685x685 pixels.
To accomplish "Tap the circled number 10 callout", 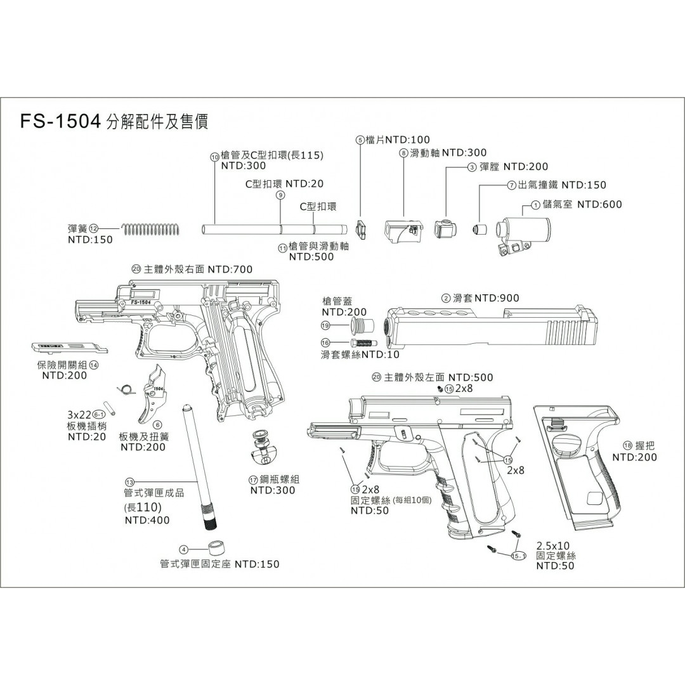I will (x=214, y=157).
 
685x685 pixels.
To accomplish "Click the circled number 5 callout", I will (x=360, y=140).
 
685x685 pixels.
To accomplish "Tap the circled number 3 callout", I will (x=471, y=167).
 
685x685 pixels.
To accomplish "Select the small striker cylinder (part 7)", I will (x=481, y=228).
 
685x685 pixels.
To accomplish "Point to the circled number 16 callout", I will (x=326, y=342).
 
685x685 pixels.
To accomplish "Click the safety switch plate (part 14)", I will (x=68, y=346).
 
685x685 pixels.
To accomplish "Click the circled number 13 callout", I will (x=130, y=481).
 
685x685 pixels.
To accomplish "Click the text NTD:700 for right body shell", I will (x=234, y=270).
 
